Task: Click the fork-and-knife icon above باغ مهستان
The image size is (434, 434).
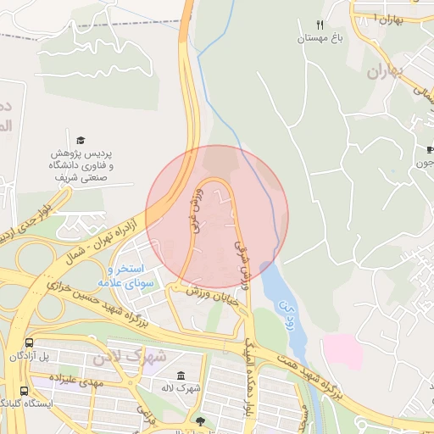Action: tap(320, 25)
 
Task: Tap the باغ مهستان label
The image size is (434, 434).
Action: tap(319, 38)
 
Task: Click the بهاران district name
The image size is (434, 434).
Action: tap(387, 71)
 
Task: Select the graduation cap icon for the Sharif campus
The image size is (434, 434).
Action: tap(81, 140)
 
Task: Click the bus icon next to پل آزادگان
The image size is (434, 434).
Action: tap(30, 343)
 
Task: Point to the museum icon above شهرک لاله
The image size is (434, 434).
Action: tap(180, 376)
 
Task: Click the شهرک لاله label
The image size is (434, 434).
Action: tap(181, 388)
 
